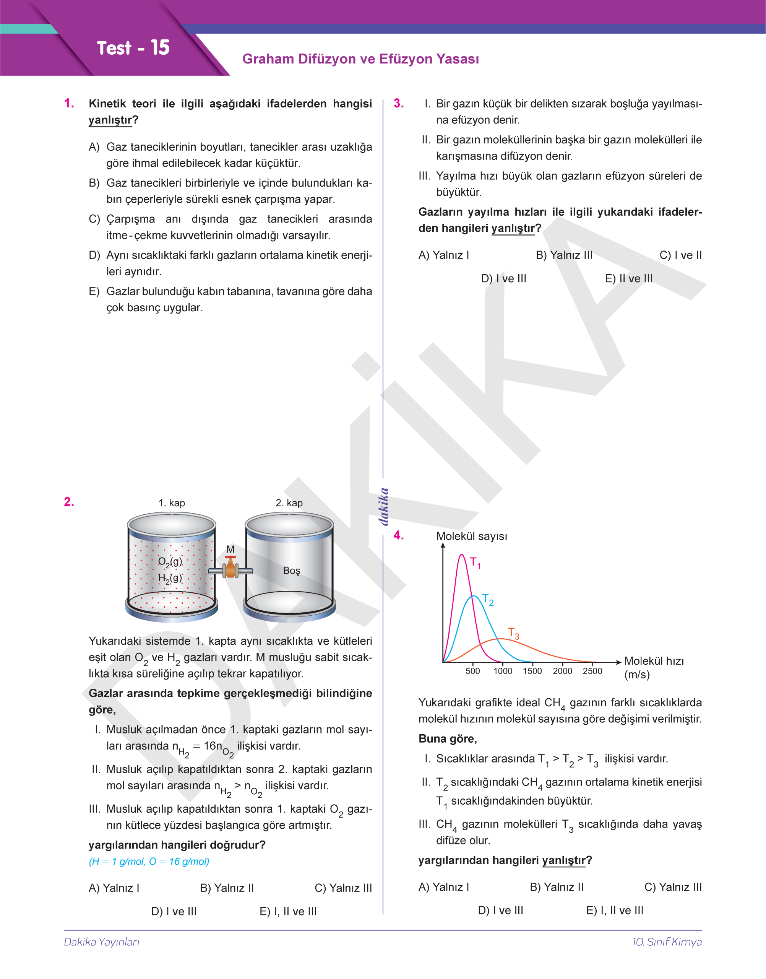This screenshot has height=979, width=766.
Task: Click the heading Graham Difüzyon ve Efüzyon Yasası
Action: point(360,59)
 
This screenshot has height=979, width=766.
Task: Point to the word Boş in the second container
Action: point(292,570)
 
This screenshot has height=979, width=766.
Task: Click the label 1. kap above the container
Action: point(171,503)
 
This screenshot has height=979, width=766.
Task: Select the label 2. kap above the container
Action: point(289,503)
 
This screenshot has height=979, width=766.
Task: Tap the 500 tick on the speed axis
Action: point(473,671)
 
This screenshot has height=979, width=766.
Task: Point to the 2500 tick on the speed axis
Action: point(592,671)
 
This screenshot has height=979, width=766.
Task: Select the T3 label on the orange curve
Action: point(513,634)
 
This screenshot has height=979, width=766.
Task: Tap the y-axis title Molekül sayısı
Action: point(471,536)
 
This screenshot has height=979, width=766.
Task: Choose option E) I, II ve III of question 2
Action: point(288,911)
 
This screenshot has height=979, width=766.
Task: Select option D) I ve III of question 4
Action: point(500,910)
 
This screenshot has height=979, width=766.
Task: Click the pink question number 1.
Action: point(69,103)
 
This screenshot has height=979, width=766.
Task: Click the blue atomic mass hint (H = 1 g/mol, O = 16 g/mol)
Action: point(149,862)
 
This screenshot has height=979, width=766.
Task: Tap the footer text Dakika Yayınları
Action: point(102,942)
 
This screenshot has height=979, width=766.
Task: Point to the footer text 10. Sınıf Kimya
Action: point(667,942)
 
